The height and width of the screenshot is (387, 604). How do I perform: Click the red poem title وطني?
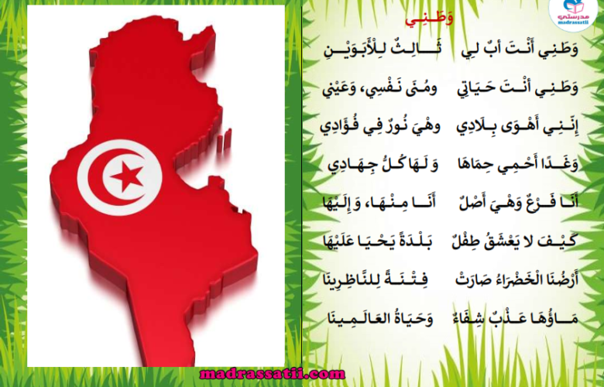click(x=429, y=19)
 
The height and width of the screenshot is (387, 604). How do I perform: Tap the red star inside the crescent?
click(x=127, y=176)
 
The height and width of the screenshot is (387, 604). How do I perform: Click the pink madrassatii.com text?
click(x=273, y=374)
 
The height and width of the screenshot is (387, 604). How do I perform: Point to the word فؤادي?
click(x=339, y=127)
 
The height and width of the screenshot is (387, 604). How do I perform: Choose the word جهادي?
click(x=348, y=165)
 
